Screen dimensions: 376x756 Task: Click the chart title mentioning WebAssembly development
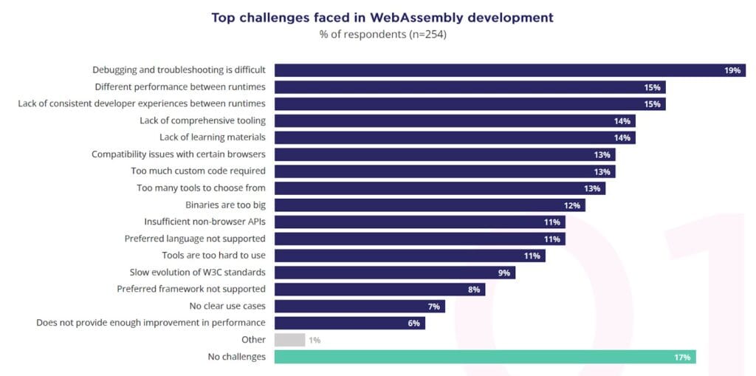(382, 17)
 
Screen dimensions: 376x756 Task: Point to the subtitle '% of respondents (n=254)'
(382, 34)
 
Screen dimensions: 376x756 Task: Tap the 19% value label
(732, 71)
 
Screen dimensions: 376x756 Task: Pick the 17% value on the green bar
(681, 358)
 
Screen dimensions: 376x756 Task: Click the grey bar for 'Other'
(289, 340)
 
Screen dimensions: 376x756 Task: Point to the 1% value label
(315, 341)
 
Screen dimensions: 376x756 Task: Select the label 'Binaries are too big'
(225, 205)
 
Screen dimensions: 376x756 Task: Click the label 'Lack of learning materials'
(213, 137)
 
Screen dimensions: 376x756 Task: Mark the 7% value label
(433, 307)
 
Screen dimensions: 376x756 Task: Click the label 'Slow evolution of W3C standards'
(198, 272)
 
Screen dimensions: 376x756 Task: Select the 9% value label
(504, 273)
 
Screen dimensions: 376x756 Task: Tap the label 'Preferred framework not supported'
(191, 289)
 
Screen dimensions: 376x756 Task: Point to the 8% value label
(474, 290)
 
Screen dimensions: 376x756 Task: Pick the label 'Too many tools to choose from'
(201, 188)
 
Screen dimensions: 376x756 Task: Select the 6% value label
(413, 324)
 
